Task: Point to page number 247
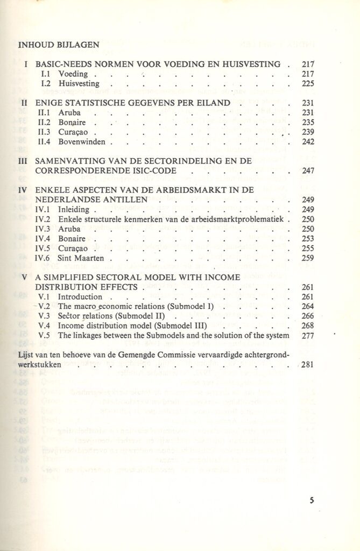click(x=308, y=171)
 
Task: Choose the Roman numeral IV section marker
click(x=23, y=189)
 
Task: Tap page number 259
click(x=308, y=258)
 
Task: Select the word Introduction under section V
click(x=80, y=297)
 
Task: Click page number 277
click(x=308, y=336)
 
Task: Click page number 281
click(x=308, y=365)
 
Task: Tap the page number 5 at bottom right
click(x=312, y=500)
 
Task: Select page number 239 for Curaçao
click(x=308, y=132)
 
